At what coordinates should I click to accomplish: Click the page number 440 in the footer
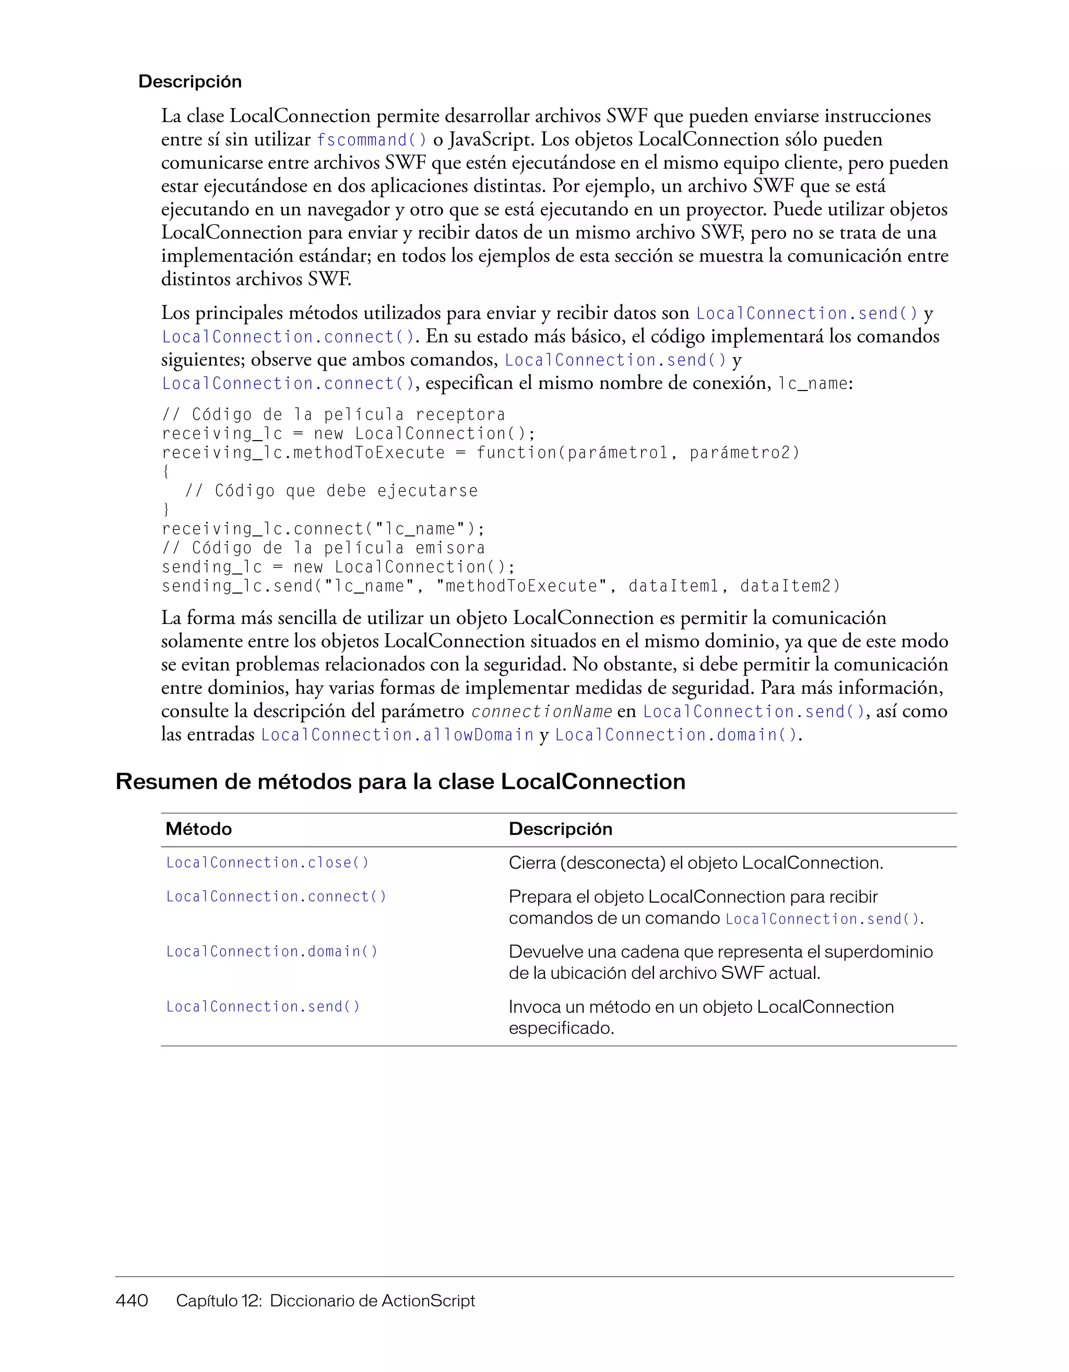[x=132, y=1300]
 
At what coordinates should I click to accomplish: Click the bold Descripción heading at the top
[x=189, y=81]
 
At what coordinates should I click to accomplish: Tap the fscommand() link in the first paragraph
[x=372, y=139]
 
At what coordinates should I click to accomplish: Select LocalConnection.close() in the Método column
[x=267, y=862]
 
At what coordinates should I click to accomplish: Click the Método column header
[x=198, y=829]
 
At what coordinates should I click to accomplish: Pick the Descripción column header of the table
[x=560, y=829]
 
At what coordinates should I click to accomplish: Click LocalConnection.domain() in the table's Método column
[x=272, y=952]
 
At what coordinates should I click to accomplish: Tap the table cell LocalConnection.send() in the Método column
[x=263, y=1007]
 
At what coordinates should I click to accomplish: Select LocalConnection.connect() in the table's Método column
[x=276, y=896]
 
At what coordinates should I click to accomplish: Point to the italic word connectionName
[x=541, y=712]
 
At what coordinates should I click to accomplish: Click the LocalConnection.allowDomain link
[x=397, y=735]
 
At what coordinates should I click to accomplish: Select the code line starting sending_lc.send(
[x=500, y=586]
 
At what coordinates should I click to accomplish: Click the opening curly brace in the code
[x=166, y=471]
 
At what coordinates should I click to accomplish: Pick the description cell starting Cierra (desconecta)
[x=695, y=862]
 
